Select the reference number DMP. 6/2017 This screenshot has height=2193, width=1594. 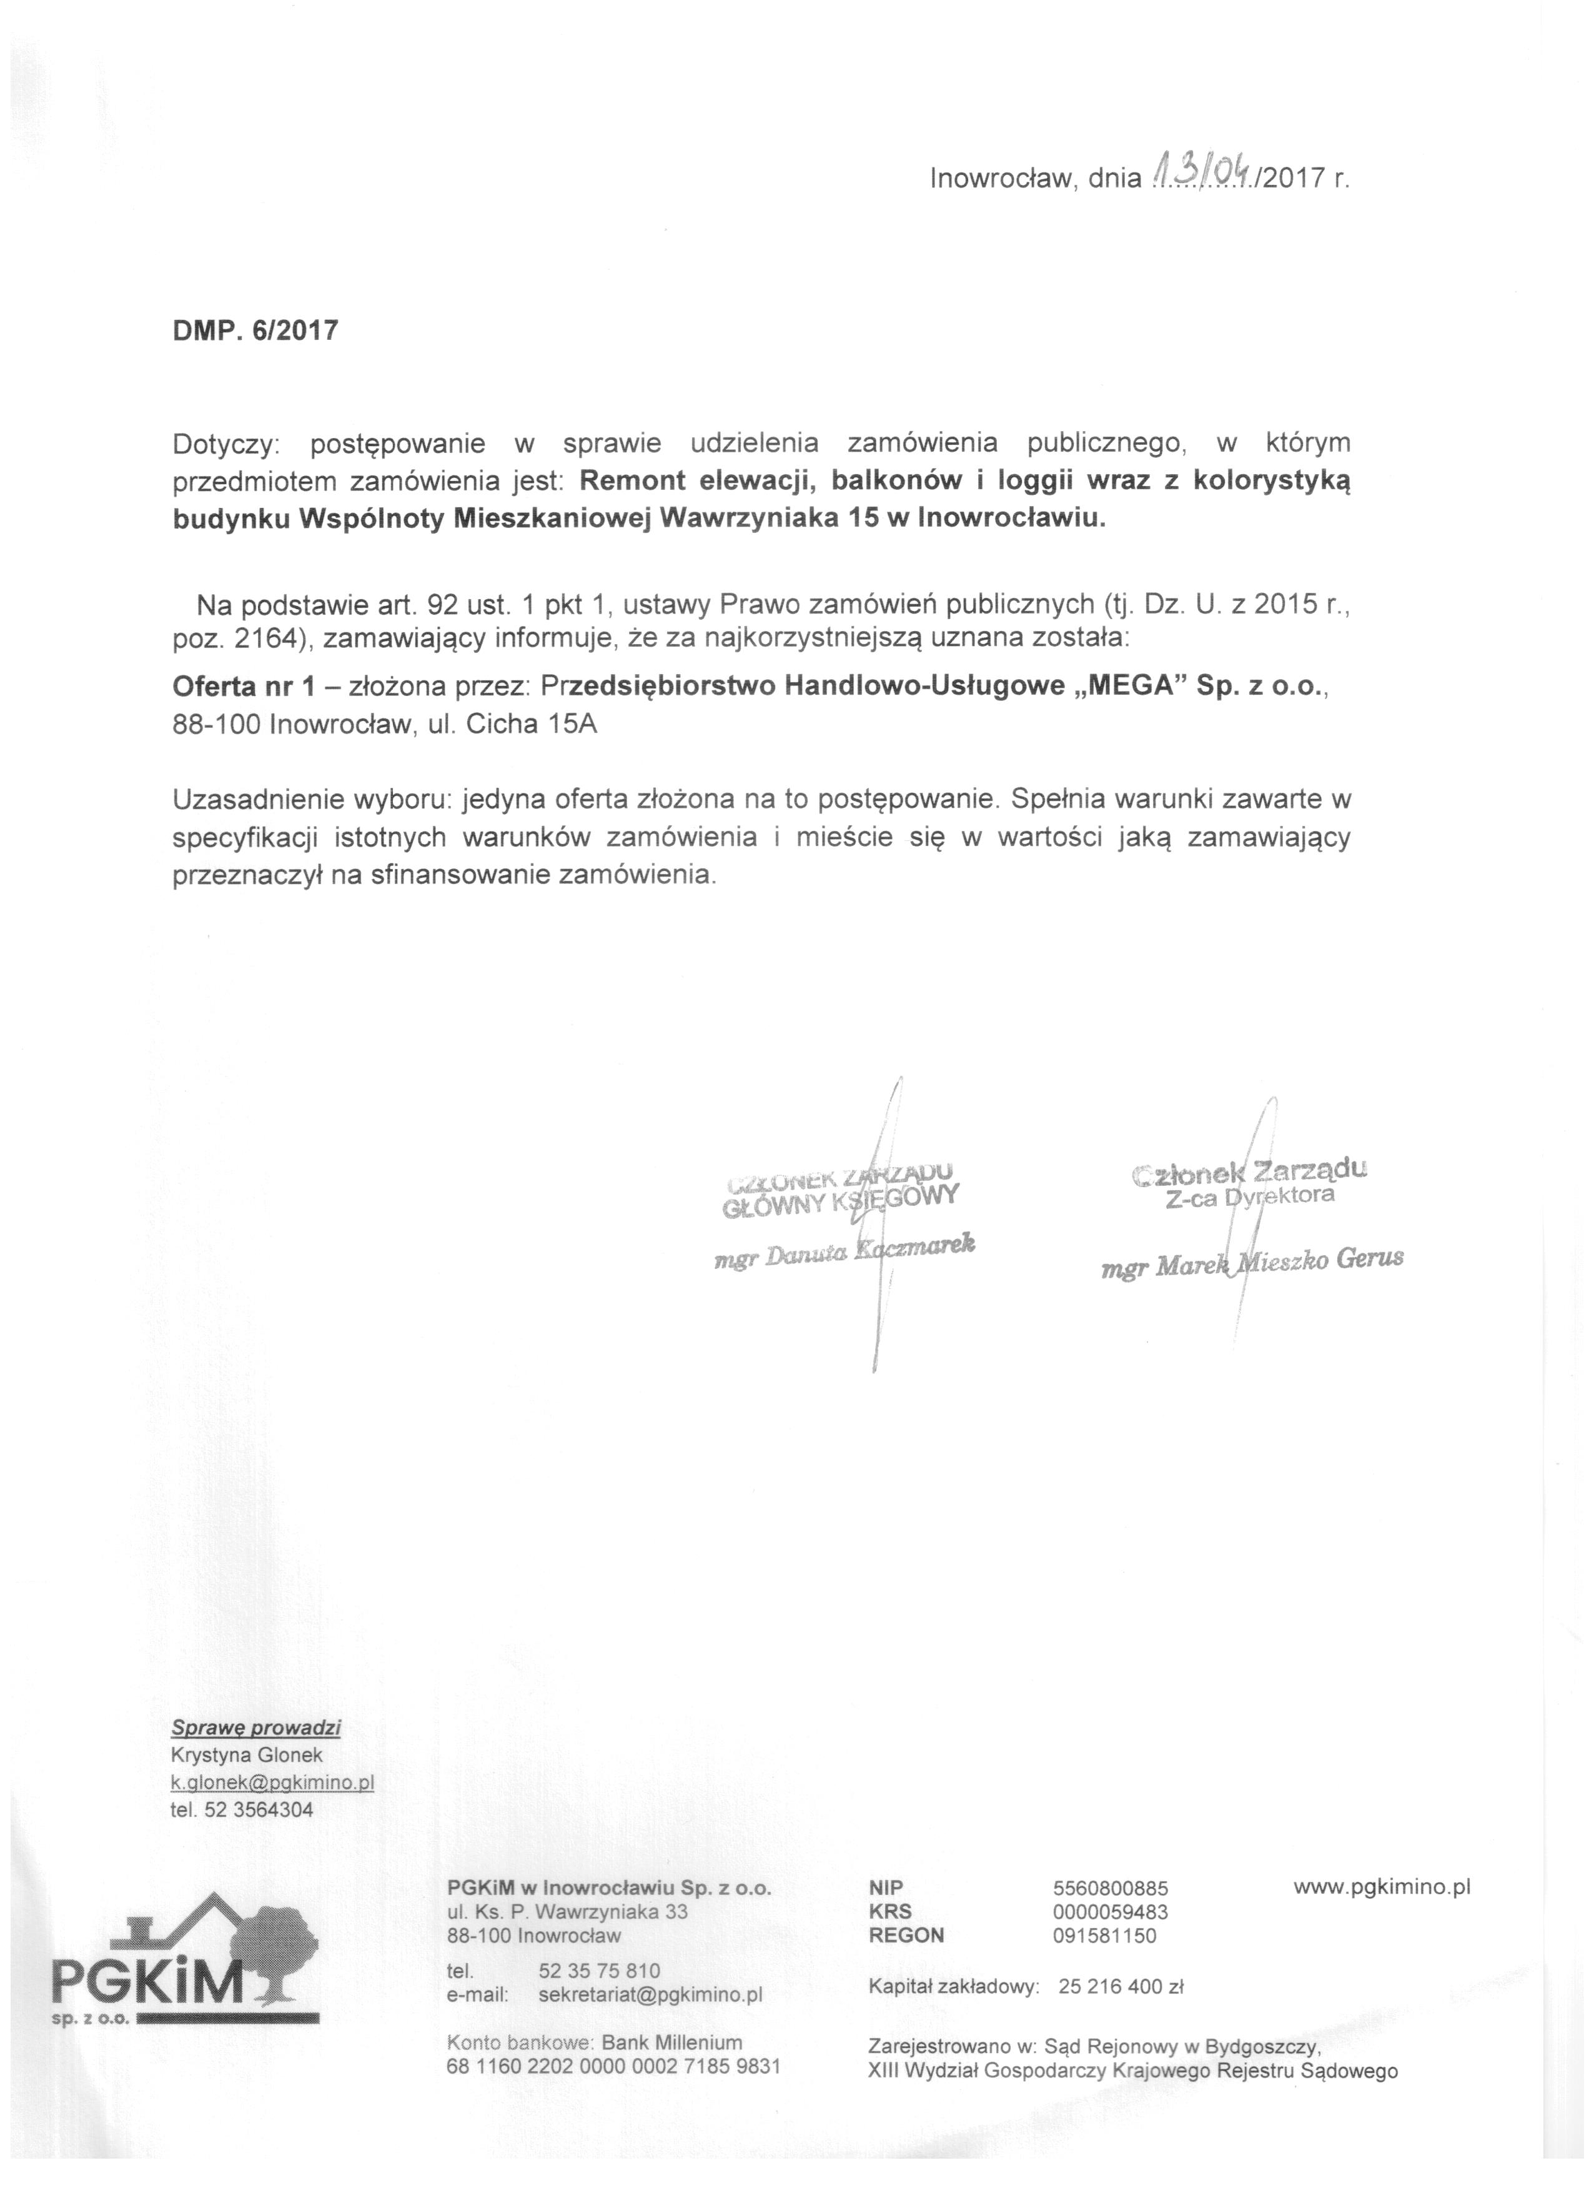click(255, 331)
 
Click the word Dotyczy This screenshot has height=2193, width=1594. click(224, 444)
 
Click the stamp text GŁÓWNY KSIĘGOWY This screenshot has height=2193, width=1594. click(840, 1200)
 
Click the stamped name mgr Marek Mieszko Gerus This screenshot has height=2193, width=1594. click(1252, 1261)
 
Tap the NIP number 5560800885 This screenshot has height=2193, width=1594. click(1110, 1887)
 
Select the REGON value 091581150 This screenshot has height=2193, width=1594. click(1104, 1935)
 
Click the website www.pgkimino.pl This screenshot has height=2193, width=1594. click(1382, 1886)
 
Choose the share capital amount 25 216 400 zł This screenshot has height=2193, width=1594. click(1121, 1987)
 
